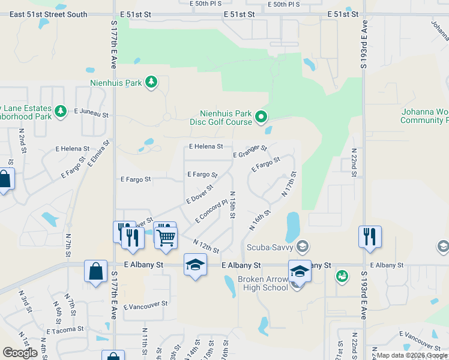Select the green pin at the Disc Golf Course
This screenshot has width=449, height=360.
261,116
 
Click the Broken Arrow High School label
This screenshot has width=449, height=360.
263,283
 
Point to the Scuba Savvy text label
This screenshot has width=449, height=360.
271,247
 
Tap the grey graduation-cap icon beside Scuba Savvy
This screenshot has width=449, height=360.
304,246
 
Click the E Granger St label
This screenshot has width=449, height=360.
250,152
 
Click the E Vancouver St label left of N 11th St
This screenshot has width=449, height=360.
145,305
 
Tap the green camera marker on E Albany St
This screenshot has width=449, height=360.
342,275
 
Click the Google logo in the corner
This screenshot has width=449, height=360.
20,353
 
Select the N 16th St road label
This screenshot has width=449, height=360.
260,220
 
